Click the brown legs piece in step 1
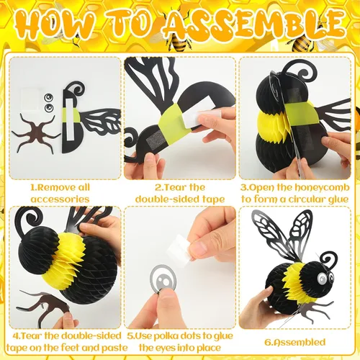pos(36,134)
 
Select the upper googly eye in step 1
pos(49,98)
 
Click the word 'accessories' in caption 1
pos(60,199)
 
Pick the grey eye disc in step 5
pos(163,279)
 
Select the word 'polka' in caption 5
pos(165,336)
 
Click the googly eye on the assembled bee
pos(321,279)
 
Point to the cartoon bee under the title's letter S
pos(178,42)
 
